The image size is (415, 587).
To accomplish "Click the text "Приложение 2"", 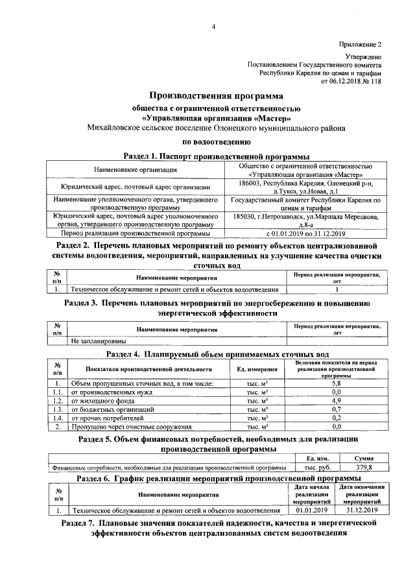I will tap(360, 44).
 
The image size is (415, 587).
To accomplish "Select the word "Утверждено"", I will tap(363, 57).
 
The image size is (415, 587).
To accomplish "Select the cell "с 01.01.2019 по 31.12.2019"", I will tap(305, 234).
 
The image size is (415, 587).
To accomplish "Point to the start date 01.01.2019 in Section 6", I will tap(313, 510).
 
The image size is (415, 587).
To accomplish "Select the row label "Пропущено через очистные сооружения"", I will tap(131, 427).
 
